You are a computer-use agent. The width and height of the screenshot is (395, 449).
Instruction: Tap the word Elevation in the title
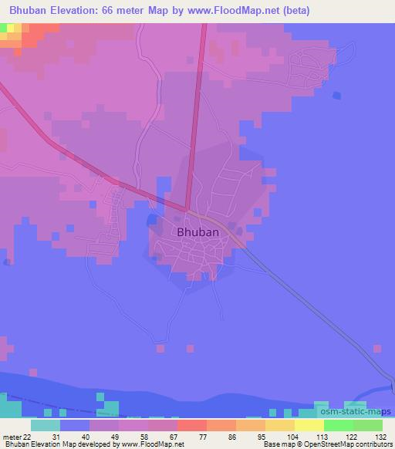pyautogui.click(x=75, y=10)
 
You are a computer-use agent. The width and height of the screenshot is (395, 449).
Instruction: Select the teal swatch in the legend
pyautogui.click(x=46, y=425)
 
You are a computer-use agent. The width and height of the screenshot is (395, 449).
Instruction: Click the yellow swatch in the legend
pyautogui.click(x=309, y=425)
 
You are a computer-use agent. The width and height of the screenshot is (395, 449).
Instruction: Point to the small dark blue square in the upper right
pyautogui.click(x=336, y=96)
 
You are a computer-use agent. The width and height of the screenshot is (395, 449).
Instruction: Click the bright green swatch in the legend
pyautogui.click(x=338, y=425)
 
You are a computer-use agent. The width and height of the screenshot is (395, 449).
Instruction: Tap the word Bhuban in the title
pyautogui.click(x=22, y=10)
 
